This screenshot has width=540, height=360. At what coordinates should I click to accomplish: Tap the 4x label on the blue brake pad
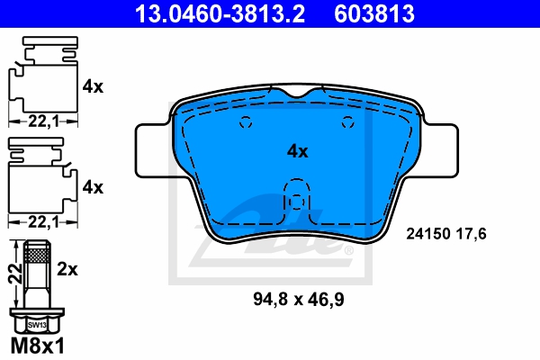[x=297, y=151]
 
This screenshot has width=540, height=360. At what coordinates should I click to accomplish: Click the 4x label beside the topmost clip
[x=94, y=87]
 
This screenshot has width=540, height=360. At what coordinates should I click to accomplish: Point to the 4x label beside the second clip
[x=94, y=187]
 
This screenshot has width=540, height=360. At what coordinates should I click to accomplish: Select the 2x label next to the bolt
[x=67, y=268]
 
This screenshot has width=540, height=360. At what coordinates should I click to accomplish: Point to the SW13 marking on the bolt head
[x=37, y=323]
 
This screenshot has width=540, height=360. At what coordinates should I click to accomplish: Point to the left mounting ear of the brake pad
[x=151, y=149]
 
